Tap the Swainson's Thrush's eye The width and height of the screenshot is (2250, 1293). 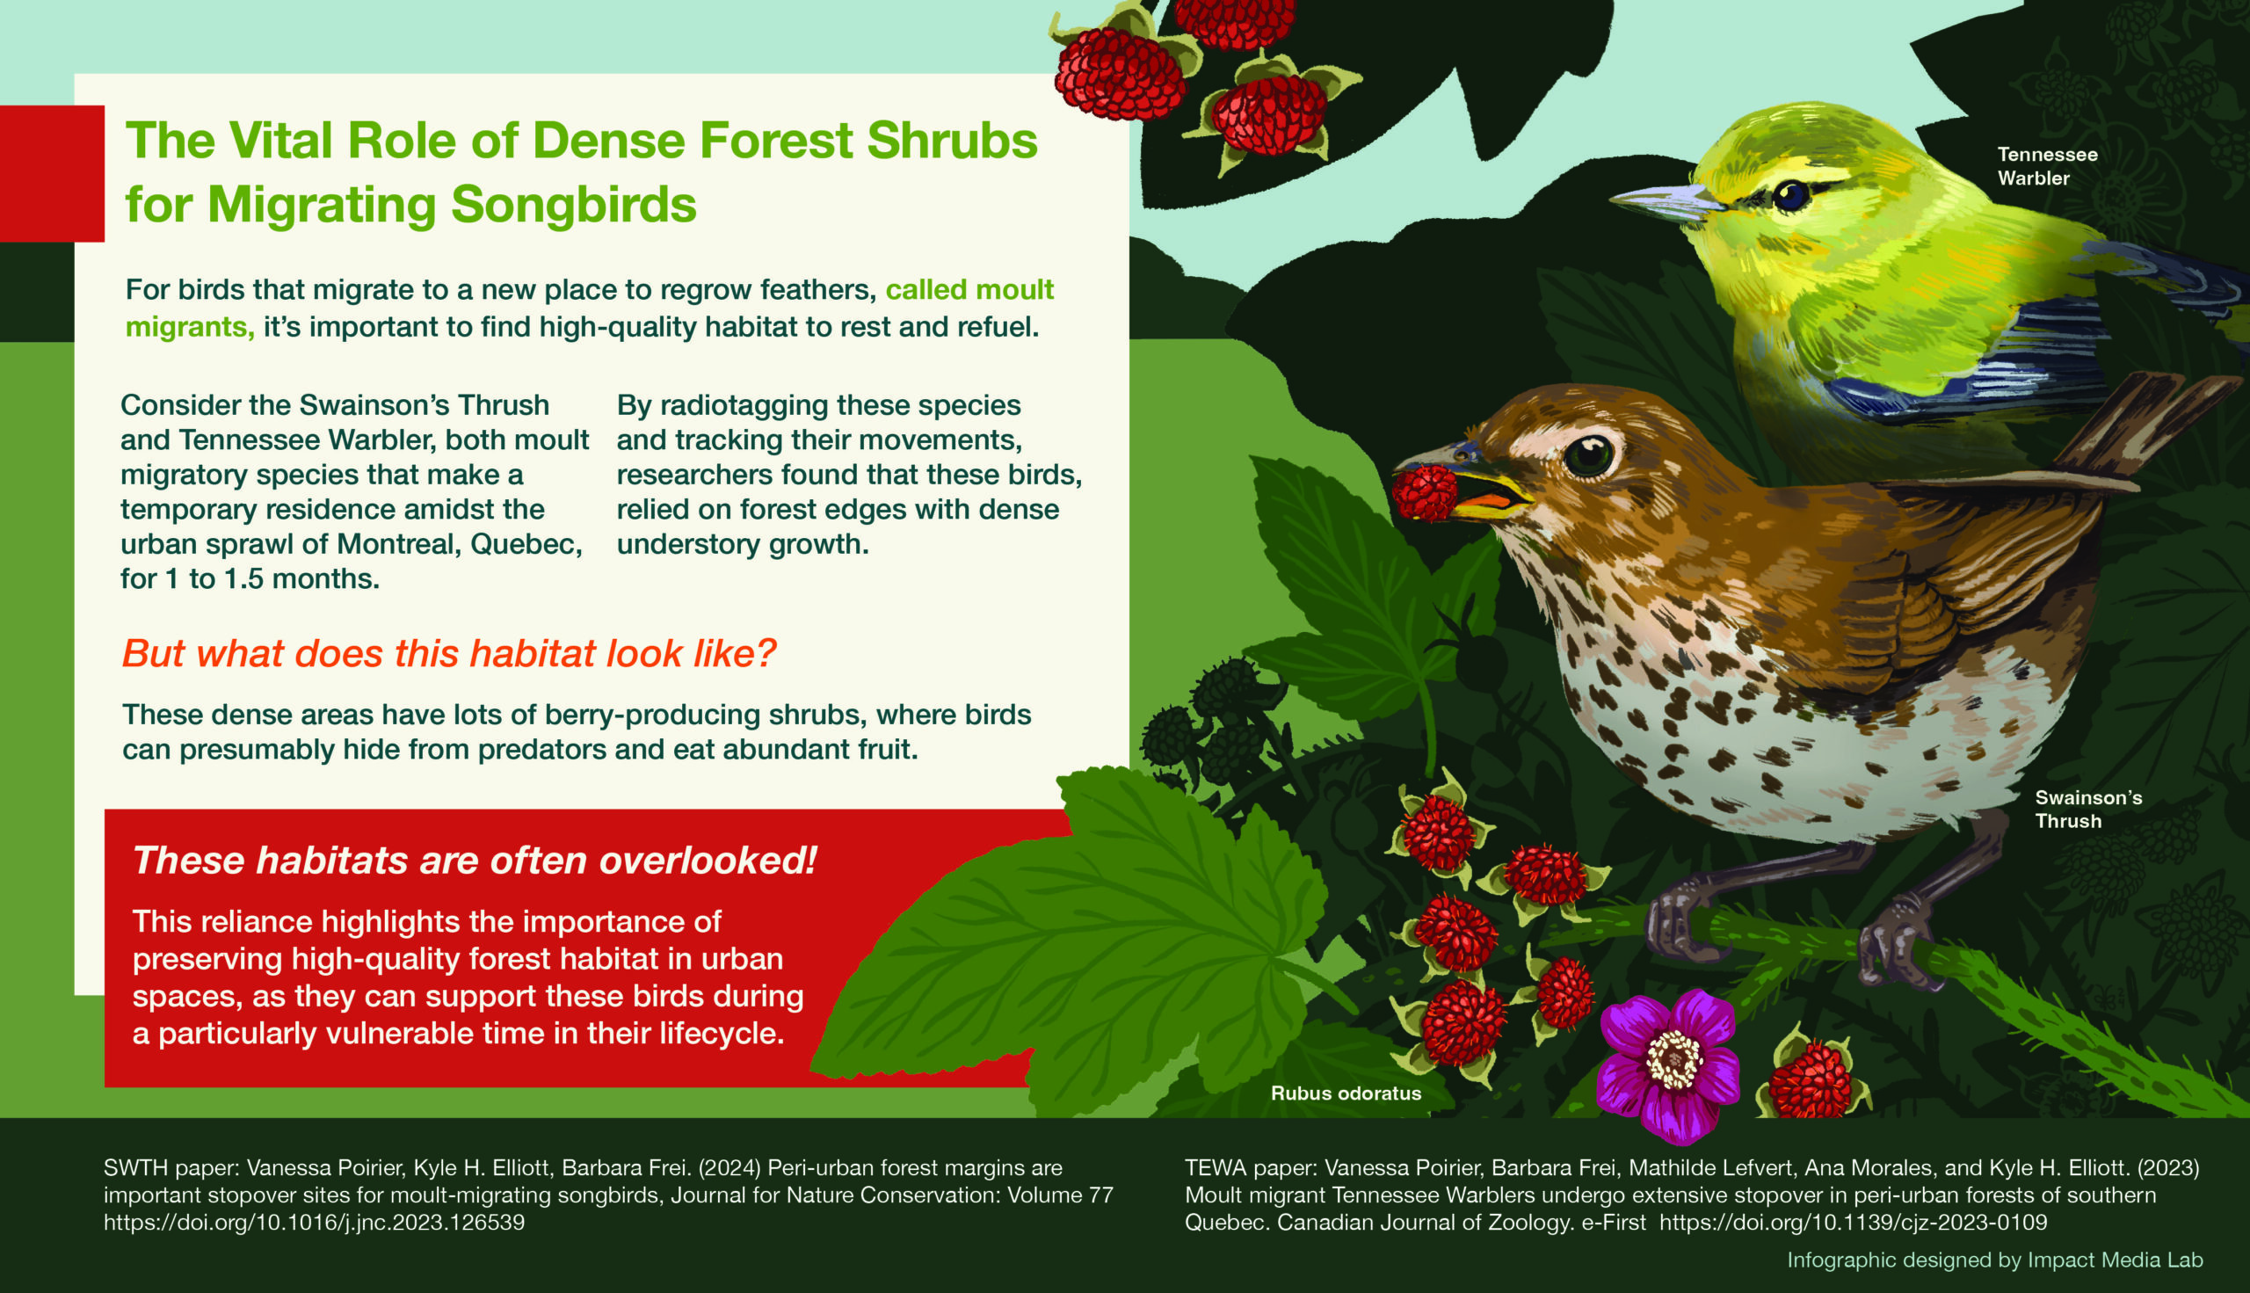point(1588,455)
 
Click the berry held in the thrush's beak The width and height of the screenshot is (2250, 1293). point(1423,493)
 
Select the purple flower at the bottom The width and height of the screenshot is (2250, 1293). point(1669,1064)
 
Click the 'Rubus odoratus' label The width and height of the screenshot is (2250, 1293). point(1346,1093)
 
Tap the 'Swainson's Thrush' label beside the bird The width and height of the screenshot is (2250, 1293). point(2088,809)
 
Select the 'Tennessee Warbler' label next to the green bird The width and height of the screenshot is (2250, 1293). point(2048,166)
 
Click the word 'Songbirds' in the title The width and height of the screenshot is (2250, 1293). point(574,203)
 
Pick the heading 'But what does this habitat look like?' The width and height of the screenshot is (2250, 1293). point(449,654)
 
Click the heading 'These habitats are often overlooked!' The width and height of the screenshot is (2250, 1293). point(474,861)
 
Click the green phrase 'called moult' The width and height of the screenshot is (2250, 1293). point(969,290)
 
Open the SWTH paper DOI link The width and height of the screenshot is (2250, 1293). point(315,1223)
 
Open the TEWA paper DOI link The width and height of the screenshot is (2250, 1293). point(1853,1223)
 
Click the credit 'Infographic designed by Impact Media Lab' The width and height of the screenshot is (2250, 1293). point(1995,1260)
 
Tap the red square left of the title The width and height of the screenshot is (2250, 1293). point(52,173)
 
